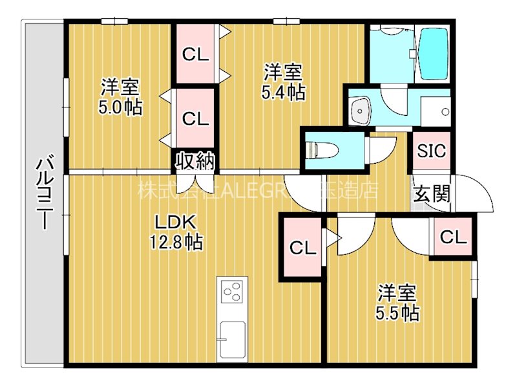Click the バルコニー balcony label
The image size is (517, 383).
(44, 192)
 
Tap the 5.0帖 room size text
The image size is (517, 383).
(120, 107)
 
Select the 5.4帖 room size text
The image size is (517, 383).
(283, 92)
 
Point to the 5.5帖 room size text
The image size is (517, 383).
(397, 314)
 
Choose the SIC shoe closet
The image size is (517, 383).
(431, 151)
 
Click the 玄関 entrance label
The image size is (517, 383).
(432, 193)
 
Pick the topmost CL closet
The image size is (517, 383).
(195, 54)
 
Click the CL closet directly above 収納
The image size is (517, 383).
(195, 118)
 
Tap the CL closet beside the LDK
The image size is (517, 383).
(302, 248)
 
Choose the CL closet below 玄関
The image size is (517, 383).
(453, 237)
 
